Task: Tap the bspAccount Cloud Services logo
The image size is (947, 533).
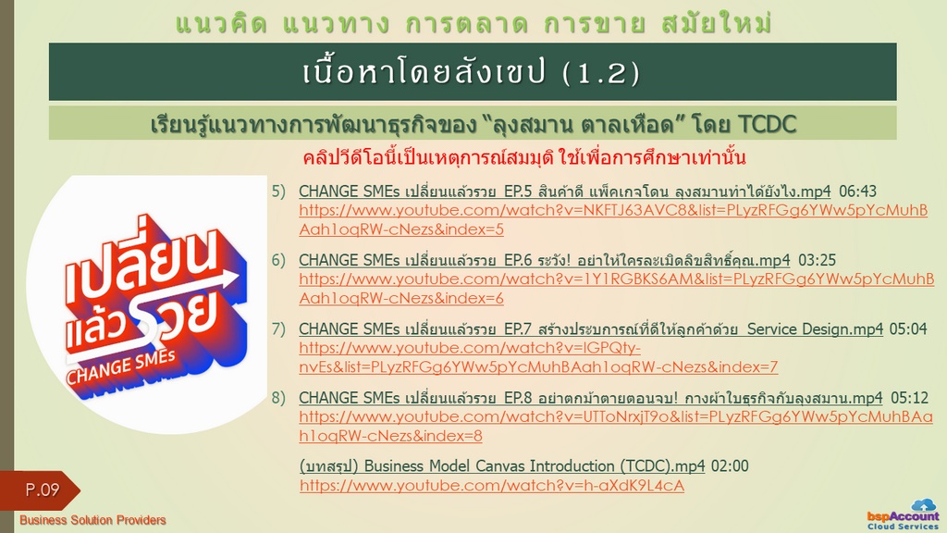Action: click(x=904, y=515)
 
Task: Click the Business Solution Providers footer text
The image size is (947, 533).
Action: click(x=92, y=520)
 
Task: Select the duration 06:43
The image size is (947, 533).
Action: click(x=857, y=192)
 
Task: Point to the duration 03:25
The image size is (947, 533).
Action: click(x=818, y=260)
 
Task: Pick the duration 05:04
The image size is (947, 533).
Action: click(x=908, y=329)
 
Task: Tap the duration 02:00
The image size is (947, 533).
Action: click(x=730, y=466)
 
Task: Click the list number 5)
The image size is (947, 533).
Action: click(x=278, y=192)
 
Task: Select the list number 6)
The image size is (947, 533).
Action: click(x=278, y=260)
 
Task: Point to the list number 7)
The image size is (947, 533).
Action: click(x=278, y=329)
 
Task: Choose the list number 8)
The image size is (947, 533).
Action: click(x=278, y=398)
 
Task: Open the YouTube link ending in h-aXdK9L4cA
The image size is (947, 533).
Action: click(x=492, y=486)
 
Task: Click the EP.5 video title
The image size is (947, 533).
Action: click(x=565, y=192)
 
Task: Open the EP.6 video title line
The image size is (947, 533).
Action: click(x=544, y=260)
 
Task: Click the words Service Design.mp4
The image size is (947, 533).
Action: click(x=815, y=329)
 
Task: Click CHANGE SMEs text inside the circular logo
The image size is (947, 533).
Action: click(x=121, y=366)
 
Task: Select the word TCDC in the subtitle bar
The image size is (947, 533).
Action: click(x=767, y=125)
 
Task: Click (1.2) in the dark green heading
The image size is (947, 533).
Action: click(x=600, y=73)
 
